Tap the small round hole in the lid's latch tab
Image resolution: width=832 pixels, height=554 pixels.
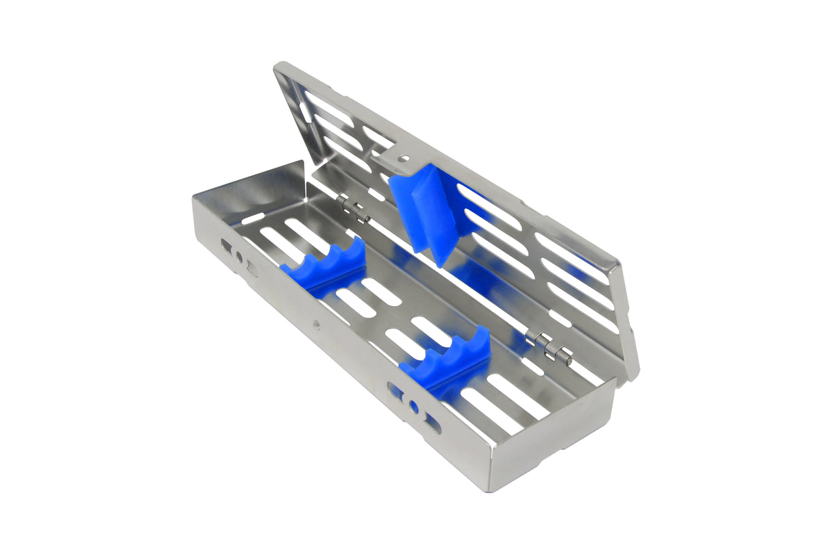404,158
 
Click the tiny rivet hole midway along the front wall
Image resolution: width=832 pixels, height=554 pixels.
317,324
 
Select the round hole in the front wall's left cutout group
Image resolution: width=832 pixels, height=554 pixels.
239,257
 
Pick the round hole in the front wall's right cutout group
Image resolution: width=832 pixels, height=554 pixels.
413,407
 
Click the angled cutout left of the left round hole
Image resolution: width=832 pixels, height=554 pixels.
225,244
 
